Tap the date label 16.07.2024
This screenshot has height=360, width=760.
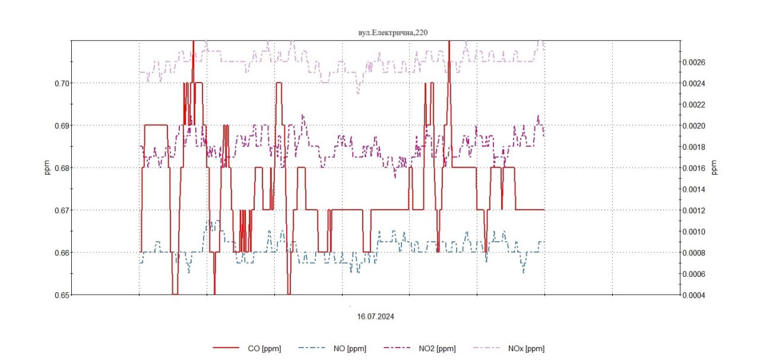(x=375, y=317)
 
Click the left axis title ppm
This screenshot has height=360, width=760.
(x=48, y=168)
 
